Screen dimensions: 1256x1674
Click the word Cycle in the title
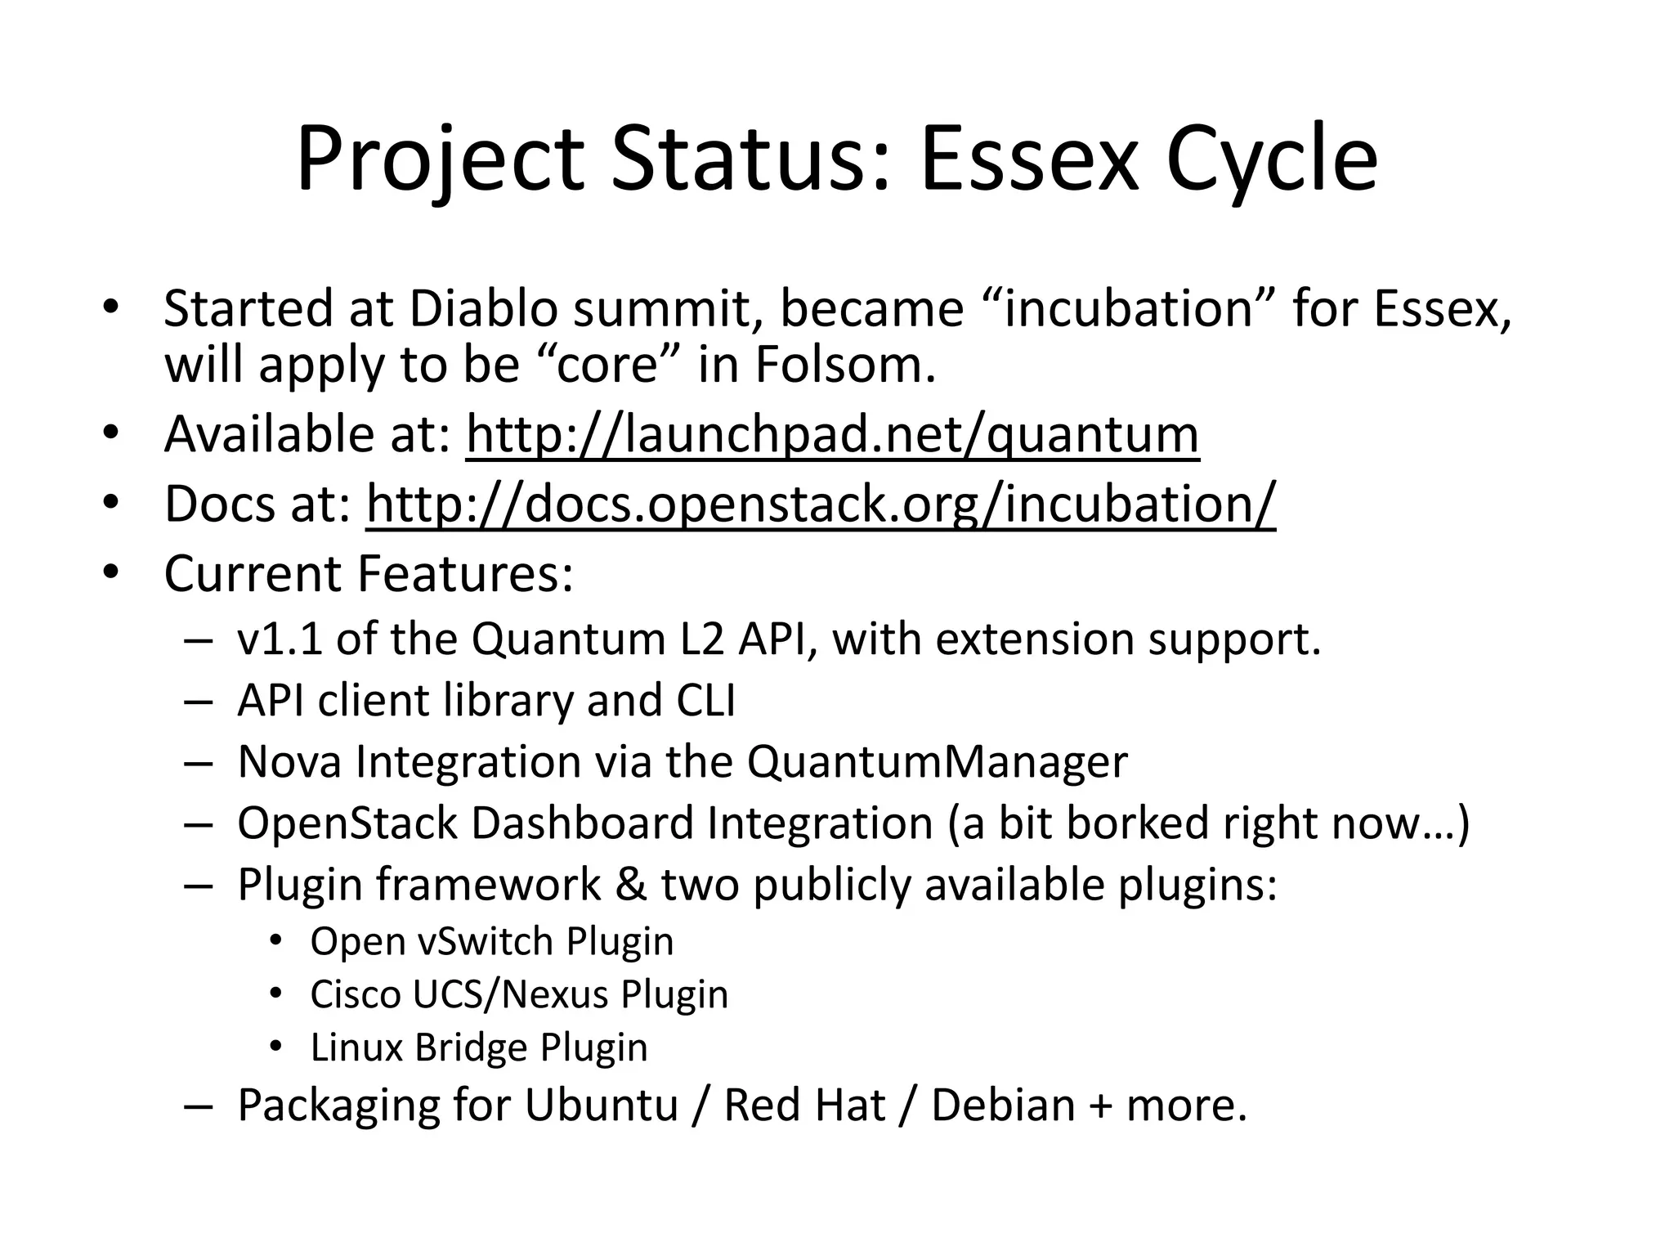coord(1272,161)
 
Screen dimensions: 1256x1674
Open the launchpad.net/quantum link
coord(832,435)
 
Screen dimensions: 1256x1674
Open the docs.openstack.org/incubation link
coord(820,505)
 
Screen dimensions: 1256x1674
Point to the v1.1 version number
coord(279,639)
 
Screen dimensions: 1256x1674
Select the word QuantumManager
coord(937,762)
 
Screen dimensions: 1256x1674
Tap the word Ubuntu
coord(602,1106)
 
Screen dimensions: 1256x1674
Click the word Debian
coord(1003,1106)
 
